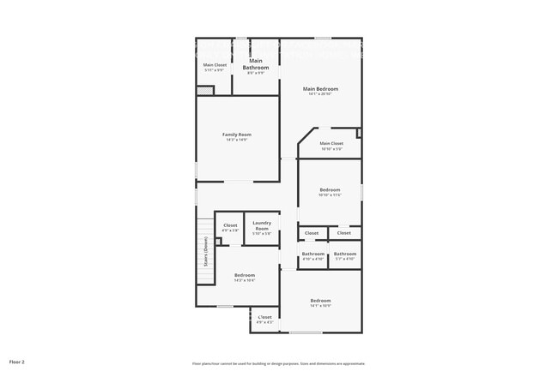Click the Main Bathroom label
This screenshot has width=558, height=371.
click(256, 64)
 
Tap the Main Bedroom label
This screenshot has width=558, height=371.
click(320, 89)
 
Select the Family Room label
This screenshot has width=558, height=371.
click(237, 135)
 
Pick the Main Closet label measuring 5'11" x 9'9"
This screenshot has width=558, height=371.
click(215, 65)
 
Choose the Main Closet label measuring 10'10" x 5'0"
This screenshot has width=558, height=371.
click(331, 143)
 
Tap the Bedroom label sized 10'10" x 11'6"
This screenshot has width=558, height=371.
click(331, 189)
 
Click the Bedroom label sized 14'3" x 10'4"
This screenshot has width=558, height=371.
click(244, 275)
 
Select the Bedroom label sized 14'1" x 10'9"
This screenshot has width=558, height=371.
click(320, 301)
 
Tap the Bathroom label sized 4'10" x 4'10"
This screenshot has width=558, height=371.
click(313, 254)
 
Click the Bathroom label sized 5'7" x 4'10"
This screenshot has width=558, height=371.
click(345, 254)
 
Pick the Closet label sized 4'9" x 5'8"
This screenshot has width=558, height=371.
click(230, 225)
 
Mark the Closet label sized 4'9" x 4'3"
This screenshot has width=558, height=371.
click(264, 318)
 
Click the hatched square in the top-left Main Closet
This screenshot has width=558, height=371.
click(204, 91)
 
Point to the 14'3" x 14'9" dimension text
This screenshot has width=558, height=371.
click(237, 140)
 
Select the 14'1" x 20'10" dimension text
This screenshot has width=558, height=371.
click(320, 94)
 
